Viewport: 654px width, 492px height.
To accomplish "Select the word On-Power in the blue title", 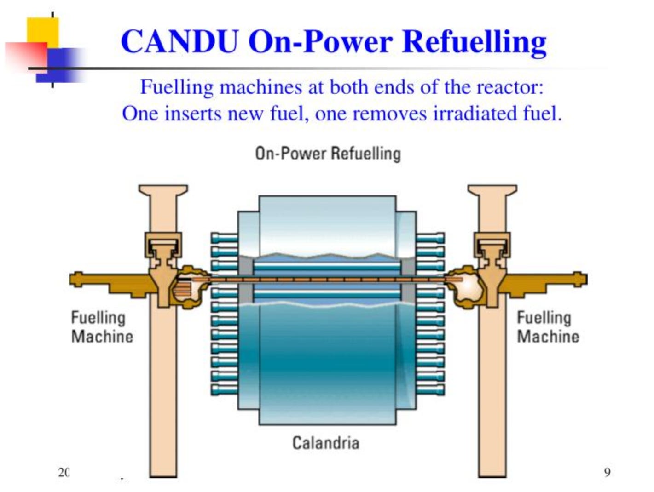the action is [320, 41].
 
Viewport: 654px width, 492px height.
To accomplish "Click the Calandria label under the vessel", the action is [325, 443].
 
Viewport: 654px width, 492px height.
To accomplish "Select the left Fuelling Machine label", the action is [102, 327].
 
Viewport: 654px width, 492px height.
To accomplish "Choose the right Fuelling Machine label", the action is [548, 327].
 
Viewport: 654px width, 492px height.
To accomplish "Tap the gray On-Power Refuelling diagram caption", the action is [328, 154].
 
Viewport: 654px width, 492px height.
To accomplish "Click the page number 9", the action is [607, 472].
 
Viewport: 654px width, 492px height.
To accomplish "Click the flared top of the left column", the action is [163, 190].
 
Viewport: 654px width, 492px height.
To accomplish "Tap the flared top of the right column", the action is [492, 190].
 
